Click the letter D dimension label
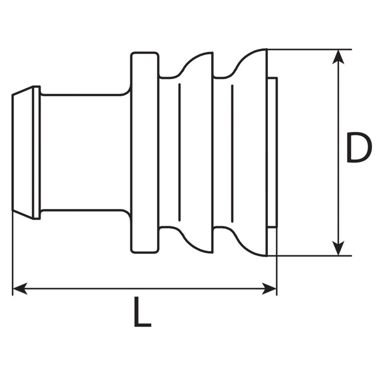[x=359, y=147]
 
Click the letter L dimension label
[x=142, y=312]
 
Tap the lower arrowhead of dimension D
[x=338, y=248]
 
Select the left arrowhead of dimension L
[x=20, y=289]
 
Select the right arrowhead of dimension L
[x=269, y=289]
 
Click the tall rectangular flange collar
[x=145, y=153]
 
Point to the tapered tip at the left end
[x=22, y=153]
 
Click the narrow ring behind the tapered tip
[x=36, y=153]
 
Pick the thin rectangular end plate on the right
[x=272, y=153]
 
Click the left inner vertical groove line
[x=179, y=153]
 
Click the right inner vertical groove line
[x=232, y=154]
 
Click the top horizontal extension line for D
[x=309, y=49]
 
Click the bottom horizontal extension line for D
[x=309, y=256]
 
